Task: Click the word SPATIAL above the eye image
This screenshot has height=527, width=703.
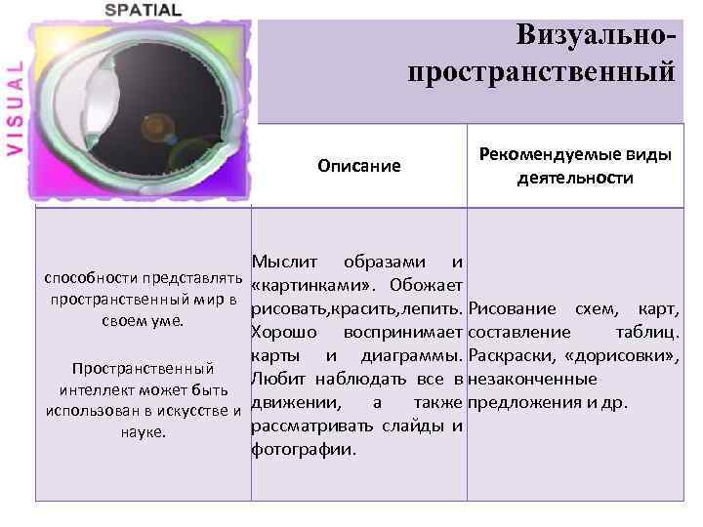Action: tap(143, 10)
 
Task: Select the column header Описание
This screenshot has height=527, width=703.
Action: tap(358, 165)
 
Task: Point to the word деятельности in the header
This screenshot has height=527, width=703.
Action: tap(575, 178)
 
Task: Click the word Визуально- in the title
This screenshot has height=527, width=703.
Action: tap(596, 35)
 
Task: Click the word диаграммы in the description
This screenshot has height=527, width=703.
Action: tap(411, 355)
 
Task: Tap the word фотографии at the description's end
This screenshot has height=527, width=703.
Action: tap(304, 450)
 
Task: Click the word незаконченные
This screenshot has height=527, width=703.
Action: tap(532, 379)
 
